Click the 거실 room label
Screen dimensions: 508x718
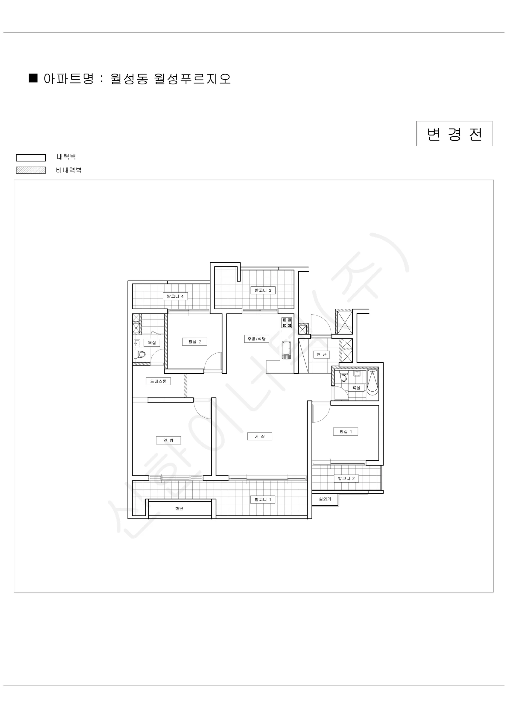[260, 436]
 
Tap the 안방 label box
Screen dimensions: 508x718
[168, 440]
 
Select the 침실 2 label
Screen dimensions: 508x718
[194, 341]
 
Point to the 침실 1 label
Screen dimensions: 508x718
[346, 432]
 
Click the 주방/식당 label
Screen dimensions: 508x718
[256, 339]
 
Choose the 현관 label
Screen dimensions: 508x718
[322, 354]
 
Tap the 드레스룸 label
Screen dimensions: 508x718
[158, 381]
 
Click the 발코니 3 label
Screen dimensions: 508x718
[263, 290]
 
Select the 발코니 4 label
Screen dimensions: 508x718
[175, 296]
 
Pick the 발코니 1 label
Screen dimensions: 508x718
[263, 499]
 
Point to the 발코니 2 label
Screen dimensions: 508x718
[346, 478]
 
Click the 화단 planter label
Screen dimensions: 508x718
[179, 509]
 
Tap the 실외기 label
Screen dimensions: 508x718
[325, 499]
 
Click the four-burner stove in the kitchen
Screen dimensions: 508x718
[287, 323]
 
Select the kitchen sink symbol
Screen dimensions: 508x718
[287, 350]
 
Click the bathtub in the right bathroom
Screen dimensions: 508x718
[372, 381]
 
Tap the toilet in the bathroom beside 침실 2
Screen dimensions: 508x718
[141, 354]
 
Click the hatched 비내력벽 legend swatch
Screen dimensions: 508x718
[31, 170]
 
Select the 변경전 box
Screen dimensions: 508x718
[454, 133]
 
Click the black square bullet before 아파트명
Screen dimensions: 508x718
[33, 78]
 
